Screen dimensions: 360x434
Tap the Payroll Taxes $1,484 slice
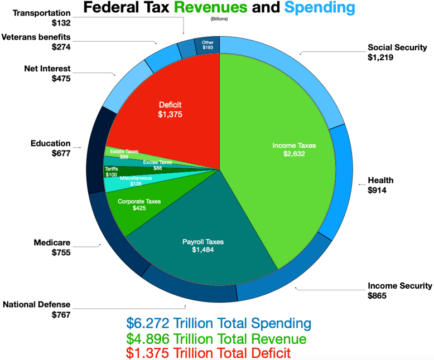203,246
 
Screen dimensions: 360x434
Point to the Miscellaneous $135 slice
136,181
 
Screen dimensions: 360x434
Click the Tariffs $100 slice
112,172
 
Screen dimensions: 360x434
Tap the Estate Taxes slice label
124,154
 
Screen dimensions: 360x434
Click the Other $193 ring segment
208,45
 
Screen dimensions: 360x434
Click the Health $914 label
380,185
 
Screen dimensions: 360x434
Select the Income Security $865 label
399,290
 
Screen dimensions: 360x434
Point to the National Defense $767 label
37,309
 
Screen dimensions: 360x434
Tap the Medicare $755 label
52,247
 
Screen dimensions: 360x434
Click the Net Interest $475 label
47,74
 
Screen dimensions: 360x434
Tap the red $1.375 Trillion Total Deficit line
208,353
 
